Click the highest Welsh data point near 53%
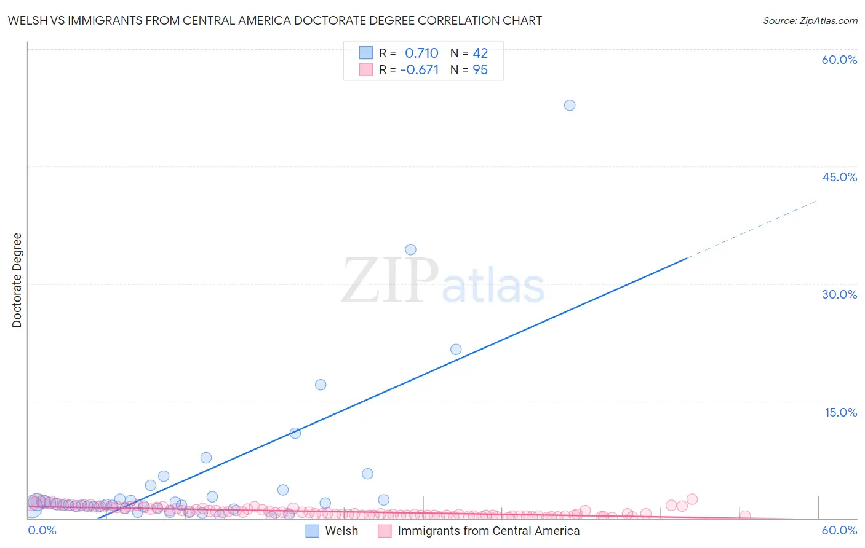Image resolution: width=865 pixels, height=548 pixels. point(570,105)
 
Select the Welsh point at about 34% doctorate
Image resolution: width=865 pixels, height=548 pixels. point(410,249)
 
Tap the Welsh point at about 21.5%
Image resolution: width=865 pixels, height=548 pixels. point(456,350)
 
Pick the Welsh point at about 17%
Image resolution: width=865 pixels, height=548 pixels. point(321,385)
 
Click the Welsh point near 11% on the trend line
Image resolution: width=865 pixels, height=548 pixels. point(295,433)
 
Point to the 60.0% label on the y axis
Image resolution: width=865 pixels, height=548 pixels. point(839,60)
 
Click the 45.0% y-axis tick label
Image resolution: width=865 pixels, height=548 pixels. point(839,177)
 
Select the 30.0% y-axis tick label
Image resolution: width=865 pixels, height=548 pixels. point(839,294)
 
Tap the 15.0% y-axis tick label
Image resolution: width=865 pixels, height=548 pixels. point(840,412)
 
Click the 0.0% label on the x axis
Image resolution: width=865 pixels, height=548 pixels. point(42,530)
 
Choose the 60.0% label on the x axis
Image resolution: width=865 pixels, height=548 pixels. point(839,530)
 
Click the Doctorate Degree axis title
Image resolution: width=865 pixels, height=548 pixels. point(17,280)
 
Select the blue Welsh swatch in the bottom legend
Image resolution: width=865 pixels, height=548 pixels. point(313,531)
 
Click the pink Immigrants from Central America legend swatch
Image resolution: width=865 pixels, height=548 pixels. point(385,531)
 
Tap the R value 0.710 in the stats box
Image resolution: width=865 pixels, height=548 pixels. point(421,53)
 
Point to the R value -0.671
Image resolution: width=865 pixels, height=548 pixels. point(420,70)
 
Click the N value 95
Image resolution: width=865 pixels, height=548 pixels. point(480,70)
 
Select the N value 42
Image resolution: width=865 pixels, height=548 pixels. point(480,53)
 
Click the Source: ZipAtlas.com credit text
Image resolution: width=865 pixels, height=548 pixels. point(810,21)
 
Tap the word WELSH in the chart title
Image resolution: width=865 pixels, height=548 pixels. point(27,20)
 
